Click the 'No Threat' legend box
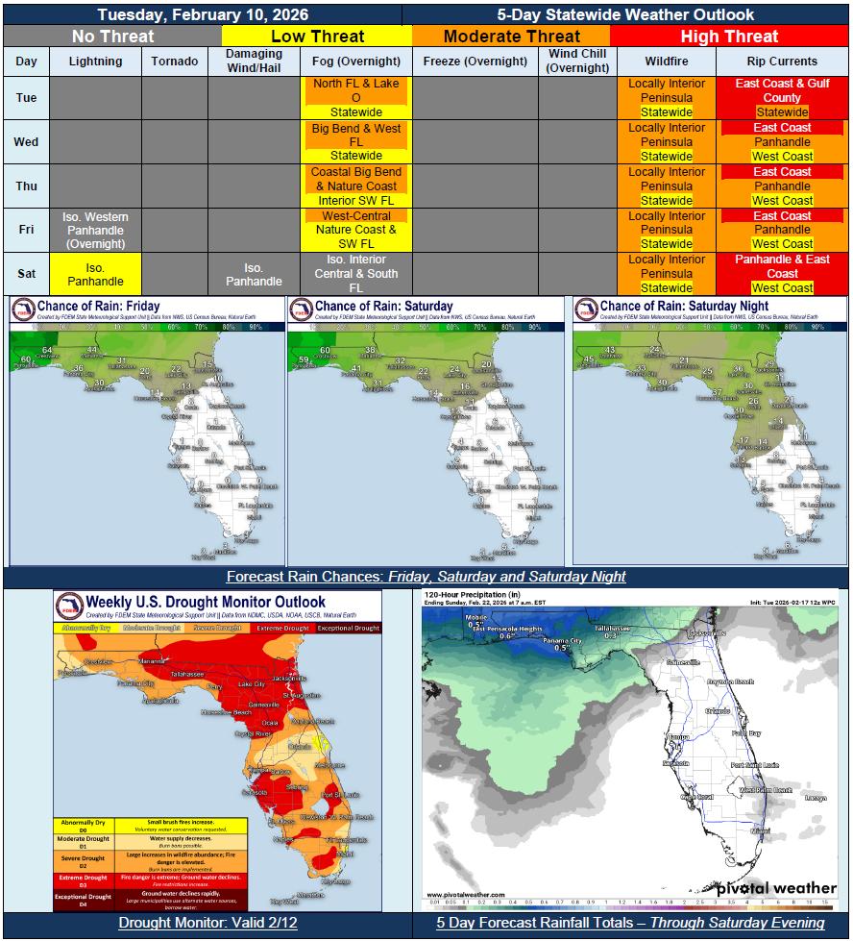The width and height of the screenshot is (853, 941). [x=112, y=37]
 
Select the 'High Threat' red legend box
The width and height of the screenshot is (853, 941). [x=729, y=37]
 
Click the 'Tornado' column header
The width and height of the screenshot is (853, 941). [x=175, y=62]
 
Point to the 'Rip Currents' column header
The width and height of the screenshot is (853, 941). [x=782, y=62]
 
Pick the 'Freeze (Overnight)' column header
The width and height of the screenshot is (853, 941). [x=475, y=62]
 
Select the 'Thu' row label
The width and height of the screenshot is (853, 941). [x=27, y=186]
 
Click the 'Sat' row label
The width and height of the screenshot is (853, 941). [x=27, y=274]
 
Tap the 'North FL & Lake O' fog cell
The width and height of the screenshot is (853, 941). [x=355, y=90]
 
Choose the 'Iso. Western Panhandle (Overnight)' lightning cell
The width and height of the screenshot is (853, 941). [x=96, y=231]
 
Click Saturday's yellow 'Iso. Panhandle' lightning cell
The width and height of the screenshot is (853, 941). [x=96, y=274]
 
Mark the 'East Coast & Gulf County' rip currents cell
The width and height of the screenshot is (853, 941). [x=782, y=90]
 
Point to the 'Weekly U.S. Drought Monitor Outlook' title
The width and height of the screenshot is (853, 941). [x=206, y=603]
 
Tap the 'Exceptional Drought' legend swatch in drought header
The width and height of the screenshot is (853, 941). [x=349, y=628]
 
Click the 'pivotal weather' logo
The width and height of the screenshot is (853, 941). [x=776, y=888]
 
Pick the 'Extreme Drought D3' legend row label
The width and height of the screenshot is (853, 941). [x=84, y=879]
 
